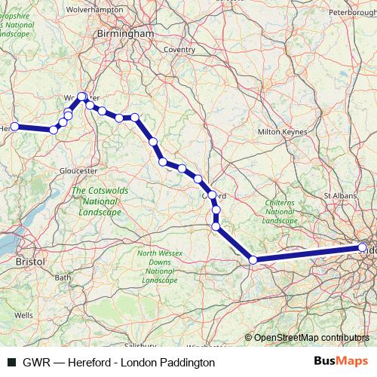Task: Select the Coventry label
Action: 179,49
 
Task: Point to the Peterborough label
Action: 352,13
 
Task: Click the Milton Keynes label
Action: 283,131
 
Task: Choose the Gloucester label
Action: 80,170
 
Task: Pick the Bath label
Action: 63,277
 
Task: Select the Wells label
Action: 23,315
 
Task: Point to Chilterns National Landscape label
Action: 280,212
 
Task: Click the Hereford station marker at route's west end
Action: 14,127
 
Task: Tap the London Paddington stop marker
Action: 363,247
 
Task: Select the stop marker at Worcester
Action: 82,97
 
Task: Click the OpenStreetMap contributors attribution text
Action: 312,338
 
